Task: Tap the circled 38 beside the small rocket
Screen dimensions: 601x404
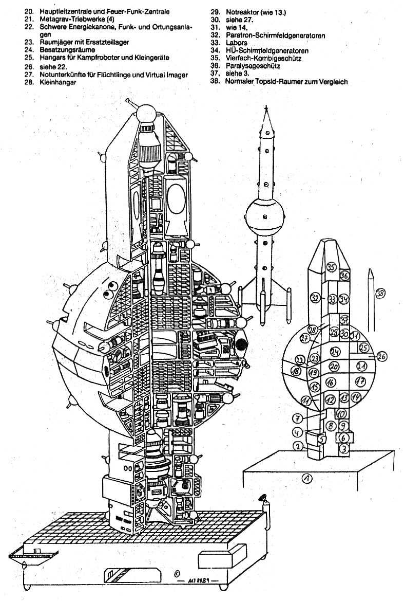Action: pyautogui.click(x=380, y=293)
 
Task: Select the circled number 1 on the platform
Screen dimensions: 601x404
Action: pyautogui.click(x=307, y=479)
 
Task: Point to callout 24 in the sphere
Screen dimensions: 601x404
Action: pyautogui.click(x=336, y=352)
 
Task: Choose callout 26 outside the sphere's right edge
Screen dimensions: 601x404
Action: pyautogui.click(x=382, y=356)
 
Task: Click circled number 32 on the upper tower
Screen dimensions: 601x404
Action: pyautogui.click(x=315, y=297)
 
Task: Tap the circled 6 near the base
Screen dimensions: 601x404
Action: pyautogui.click(x=344, y=438)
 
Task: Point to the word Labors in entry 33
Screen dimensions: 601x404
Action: pyautogui.click(x=236, y=43)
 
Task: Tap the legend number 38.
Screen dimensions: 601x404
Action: pyautogui.click(x=215, y=81)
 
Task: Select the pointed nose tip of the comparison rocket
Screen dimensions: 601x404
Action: pyautogui.click(x=266, y=108)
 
